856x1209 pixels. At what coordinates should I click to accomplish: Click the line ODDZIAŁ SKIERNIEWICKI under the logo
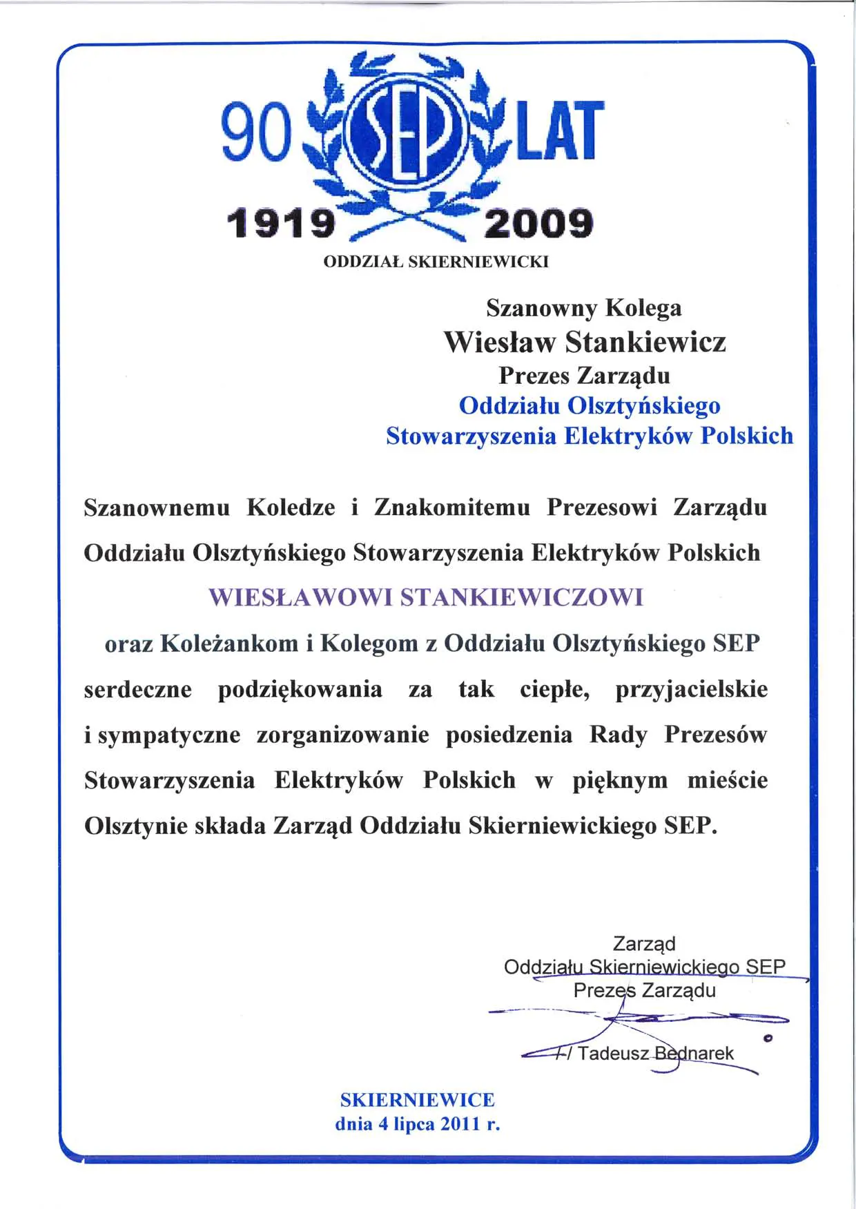point(436,262)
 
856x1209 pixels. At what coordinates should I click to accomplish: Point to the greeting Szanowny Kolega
point(583,308)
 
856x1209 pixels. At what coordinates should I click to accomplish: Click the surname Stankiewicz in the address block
point(645,342)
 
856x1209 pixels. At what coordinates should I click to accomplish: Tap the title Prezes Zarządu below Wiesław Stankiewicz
point(584,376)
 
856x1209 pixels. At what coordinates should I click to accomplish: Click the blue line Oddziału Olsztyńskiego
point(589,405)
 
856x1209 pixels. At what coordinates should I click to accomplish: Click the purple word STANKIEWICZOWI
point(522,597)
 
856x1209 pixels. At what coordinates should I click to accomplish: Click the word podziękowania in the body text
point(300,690)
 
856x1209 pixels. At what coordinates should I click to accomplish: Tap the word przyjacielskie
point(691,690)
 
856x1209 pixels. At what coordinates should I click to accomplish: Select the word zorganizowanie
point(342,735)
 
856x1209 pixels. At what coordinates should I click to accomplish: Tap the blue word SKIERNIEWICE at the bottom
point(417,1100)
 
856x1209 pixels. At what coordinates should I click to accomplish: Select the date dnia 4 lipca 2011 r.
point(417,1124)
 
